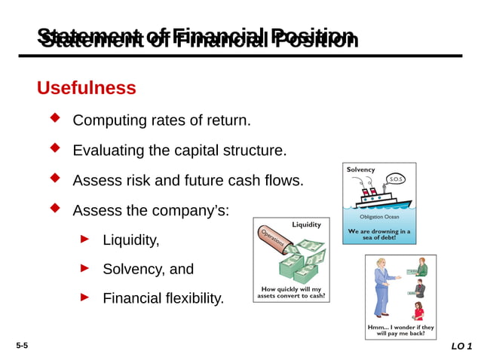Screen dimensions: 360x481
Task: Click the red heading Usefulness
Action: click(x=86, y=88)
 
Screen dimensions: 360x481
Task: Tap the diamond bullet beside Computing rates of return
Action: click(x=54, y=118)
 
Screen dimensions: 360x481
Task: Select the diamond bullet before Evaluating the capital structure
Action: click(x=54, y=148)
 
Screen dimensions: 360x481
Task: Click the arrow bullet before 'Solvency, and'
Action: click(x=85, y=267)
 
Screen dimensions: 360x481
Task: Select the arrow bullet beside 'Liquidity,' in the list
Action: click(x=85, y=239)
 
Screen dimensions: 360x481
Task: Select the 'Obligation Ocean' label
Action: click(x=379, y=217)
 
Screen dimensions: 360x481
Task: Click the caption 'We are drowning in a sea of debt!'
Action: click(x=379, y=235)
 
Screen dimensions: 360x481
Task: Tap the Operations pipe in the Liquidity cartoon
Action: click(x=273, y=241)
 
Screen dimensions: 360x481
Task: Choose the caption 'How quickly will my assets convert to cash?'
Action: click(x=291, y=292)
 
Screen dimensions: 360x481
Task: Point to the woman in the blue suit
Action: click(x=381, y=286)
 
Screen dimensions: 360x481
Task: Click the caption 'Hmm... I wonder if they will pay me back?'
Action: click(x=400, y=331)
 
